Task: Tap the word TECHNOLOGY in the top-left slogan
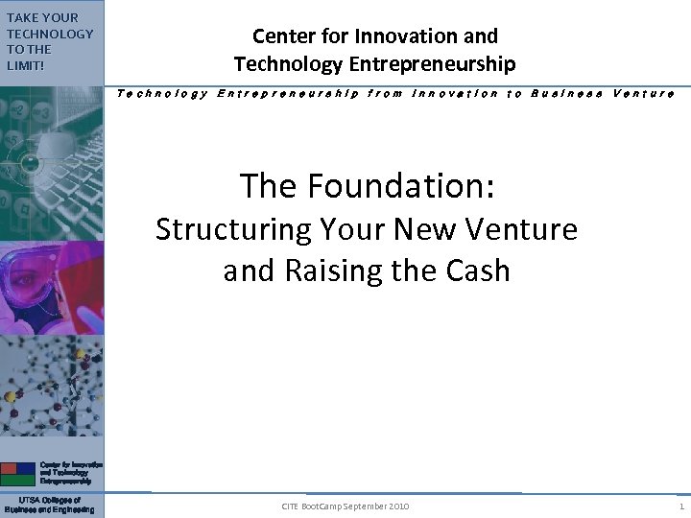click(50, 34)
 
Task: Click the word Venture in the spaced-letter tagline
click(643, 93)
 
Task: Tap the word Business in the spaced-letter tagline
click(566, 93)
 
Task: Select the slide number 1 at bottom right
click(680, 506)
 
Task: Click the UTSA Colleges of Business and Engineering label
click(50, 505)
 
